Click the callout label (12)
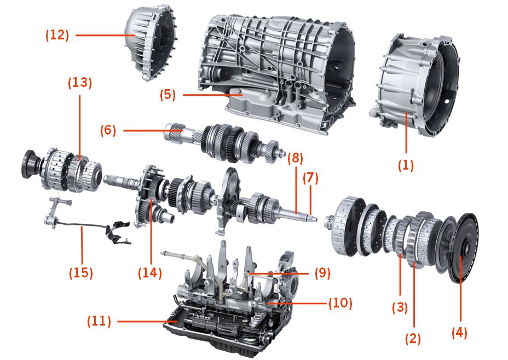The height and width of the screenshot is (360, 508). (57, 35)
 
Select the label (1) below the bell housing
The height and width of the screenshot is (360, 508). (406, 165)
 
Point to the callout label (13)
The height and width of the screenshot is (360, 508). (80, 83)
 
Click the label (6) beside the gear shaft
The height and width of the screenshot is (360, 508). (109, 130)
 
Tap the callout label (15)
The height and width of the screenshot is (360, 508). (80, 272)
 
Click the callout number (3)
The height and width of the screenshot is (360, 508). (400, 307)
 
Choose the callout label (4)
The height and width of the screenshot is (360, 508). (460, 332)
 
